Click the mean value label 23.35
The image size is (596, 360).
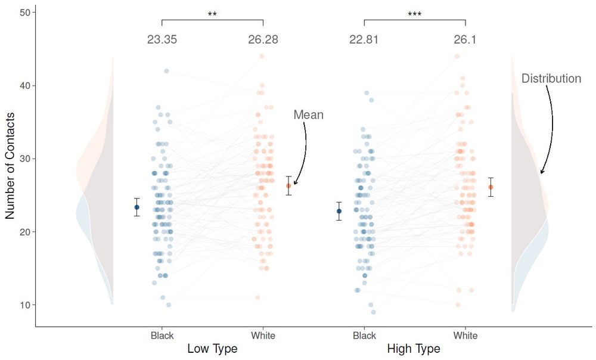tap(162, 40)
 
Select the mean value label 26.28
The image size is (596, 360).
tap(263, 40)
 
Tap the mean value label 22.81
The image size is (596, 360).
tap(364, 40)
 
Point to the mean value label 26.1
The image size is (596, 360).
tap(465, 40)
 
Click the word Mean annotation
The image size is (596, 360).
tap(308, 114)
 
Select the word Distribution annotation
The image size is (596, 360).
tap(551, 79)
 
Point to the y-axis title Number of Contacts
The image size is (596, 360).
tap(10, 165)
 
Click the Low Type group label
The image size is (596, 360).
tap(212, 349)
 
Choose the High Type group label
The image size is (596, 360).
tap(414, 349)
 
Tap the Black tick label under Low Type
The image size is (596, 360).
tap(162, 336)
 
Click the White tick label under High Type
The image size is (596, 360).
tap(465, 336)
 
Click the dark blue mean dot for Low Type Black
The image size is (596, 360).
tap(136, 207)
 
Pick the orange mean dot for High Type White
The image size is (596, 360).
tap(491, 187)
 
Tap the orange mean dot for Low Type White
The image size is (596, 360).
tap(288, 186)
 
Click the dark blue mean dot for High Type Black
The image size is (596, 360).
tap(339, 211)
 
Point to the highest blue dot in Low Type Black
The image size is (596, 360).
tap(166, 71)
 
